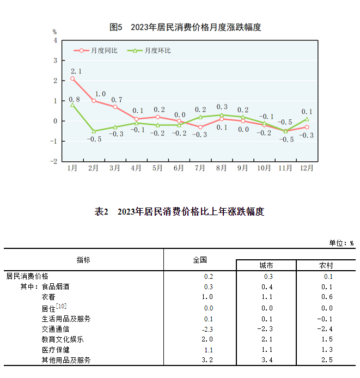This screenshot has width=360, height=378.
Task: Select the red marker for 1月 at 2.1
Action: click(x=72, y=78)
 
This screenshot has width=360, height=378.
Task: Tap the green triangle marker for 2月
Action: click(x=94, y=131)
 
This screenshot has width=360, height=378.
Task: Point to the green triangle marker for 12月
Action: click(x=307, y=119)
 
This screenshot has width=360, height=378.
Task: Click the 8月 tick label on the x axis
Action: click(x=221, y=168)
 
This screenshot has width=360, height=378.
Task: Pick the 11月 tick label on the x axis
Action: click(x=285, y=168)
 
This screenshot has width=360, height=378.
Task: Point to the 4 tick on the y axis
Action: click(x=54, y=40)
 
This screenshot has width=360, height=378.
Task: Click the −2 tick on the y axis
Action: click(x=53, y=161)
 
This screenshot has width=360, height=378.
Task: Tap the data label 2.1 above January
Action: click(x=76, y=71)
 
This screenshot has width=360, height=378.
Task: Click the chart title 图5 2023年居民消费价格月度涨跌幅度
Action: click(x=185, y=27)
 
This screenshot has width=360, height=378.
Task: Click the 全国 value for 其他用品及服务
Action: click(x=207, y=360)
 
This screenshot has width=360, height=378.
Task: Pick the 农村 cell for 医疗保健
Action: click(x=326, y=350)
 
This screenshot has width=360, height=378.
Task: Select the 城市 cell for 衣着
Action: click(x=267, y=297)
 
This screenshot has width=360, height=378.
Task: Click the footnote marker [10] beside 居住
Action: click(x=62, y=306)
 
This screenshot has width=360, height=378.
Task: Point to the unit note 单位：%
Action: click(x=341, y=243)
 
